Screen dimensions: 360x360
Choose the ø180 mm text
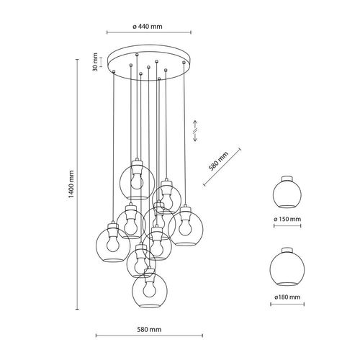coord(288,295)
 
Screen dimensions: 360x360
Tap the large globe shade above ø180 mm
coord(287,266)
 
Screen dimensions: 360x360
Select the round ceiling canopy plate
coord(149,63)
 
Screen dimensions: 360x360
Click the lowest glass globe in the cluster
coord(148,292)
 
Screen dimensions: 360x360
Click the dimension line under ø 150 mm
coord(288,225)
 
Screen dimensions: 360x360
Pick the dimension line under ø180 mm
coord(288,305)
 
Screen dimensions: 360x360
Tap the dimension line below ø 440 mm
coord(149,32)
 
